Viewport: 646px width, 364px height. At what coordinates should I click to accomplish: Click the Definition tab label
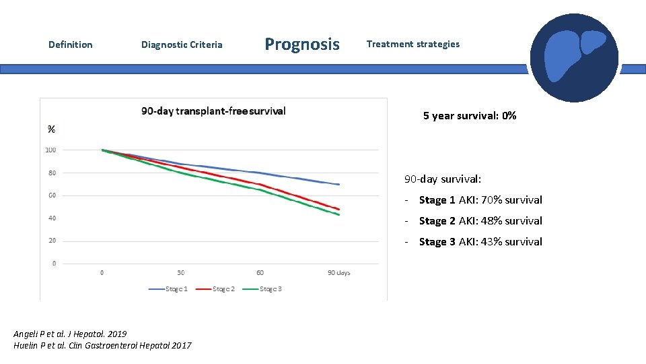pos(71,44)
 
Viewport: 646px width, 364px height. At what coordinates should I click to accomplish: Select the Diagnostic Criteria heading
pos(182,44)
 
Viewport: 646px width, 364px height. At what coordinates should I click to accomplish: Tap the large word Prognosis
pos(302,44)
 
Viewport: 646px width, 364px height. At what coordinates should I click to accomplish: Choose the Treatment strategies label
pos(412,44)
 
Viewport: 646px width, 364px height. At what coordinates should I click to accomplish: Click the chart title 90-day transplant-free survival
pos(213,111)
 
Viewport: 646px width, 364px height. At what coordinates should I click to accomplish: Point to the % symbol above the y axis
pos(51,129)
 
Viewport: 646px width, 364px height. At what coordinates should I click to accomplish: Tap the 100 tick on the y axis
pos(50,150)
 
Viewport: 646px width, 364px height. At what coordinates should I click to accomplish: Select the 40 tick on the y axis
pos(52,218)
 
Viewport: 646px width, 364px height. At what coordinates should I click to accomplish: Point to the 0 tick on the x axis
pos(102,272)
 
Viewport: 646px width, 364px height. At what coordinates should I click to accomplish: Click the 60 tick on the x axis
pos(260,272)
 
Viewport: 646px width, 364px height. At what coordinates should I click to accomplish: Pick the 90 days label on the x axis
pos(339,272)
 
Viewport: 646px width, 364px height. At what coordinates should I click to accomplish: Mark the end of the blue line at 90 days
pos(338,184)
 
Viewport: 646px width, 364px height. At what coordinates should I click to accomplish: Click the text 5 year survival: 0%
pos(470,116)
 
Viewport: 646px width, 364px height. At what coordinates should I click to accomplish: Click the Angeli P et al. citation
pos(70,334)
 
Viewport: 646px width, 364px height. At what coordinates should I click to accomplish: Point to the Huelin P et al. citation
pos(102,345)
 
